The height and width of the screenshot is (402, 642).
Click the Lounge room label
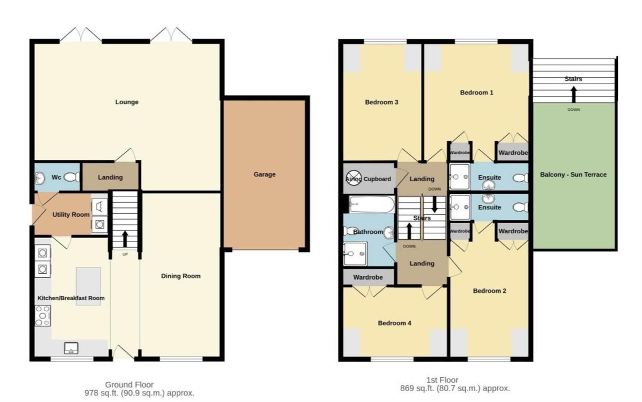[127, 102]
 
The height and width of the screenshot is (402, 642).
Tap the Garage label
[264, 174]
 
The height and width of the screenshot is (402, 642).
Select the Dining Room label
[181, 276]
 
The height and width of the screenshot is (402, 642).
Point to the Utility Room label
[71, 214]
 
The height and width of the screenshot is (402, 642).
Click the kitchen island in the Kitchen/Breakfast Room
[89, 286]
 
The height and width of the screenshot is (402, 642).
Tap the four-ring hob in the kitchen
[43, 316]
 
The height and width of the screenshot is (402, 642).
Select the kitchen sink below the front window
[71, 348]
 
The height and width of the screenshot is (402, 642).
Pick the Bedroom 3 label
[381, 102]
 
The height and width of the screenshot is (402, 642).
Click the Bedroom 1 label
[476, 92]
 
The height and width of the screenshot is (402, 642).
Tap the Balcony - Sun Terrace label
[573, 174]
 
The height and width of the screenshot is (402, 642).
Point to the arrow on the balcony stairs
[574, 94]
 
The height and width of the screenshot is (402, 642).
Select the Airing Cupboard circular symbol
[354, 178]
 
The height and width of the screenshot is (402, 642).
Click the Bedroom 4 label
[394, 323]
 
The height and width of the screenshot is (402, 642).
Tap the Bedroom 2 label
[489, 291]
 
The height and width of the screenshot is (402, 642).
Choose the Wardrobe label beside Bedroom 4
[368, 277]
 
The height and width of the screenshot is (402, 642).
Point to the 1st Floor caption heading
[442, 380]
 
